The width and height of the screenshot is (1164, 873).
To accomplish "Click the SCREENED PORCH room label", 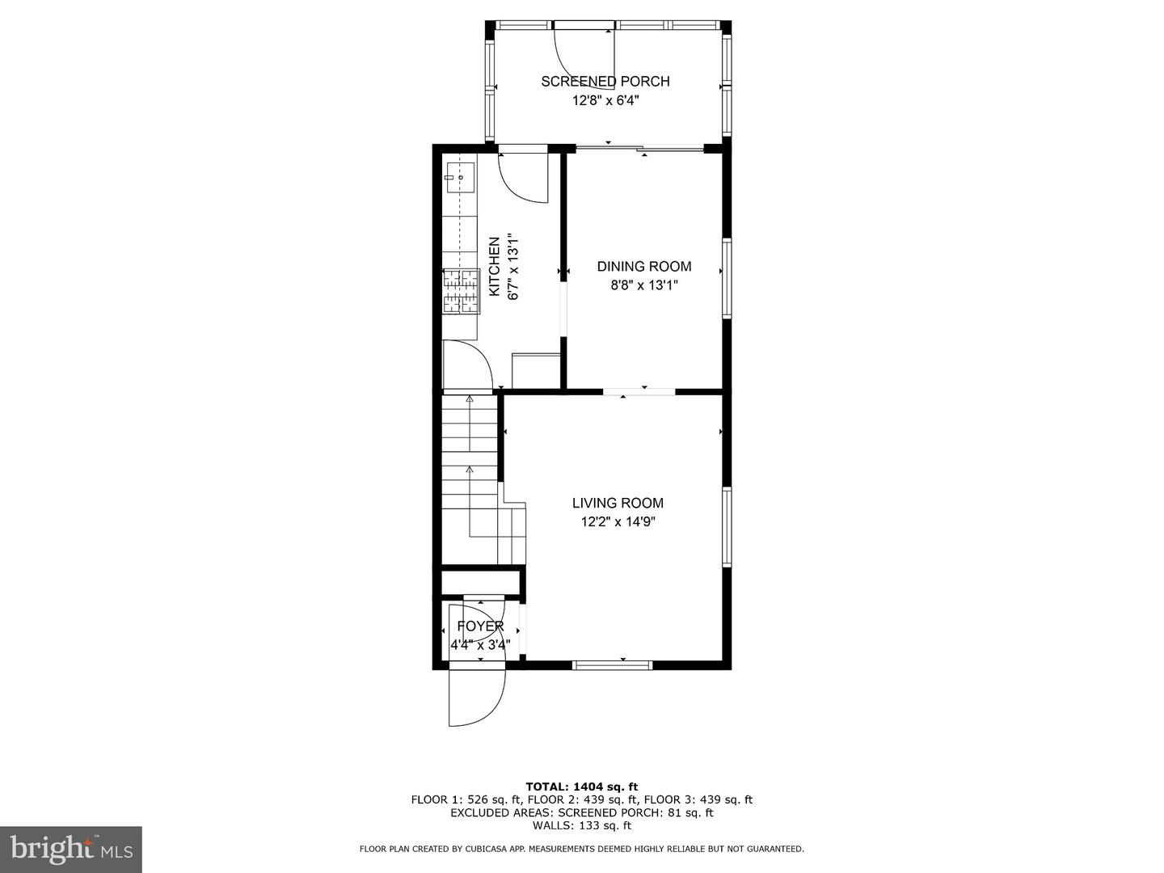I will pos(605,81).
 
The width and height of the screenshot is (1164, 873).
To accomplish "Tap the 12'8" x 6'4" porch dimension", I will pos(605,100).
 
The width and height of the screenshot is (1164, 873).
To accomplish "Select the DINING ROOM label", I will pos(644,266).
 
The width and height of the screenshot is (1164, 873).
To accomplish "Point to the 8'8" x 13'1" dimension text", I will pos(644,285).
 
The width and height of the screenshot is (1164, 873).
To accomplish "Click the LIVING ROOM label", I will pos(618,503).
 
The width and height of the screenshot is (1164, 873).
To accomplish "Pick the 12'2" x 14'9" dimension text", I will pos(618,521).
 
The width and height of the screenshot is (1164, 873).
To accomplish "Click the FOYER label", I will pos(480,626).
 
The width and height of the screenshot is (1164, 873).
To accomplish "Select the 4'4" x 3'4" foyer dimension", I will pos(480,645).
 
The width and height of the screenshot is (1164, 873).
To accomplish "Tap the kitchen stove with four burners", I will pos(461,290).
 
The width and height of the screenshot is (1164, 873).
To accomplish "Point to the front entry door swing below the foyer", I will pos(477,697).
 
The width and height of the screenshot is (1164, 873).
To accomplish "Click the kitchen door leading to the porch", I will pos(523,175).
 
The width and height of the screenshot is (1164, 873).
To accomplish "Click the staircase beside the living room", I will pos(470,477).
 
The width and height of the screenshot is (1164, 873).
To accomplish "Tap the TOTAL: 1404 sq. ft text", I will pos(581,787).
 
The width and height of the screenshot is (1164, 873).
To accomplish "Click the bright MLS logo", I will pos(71,849).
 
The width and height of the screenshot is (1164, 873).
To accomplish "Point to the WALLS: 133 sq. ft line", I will pos(581,825).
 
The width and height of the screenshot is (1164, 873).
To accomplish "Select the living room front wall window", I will pos(612,665).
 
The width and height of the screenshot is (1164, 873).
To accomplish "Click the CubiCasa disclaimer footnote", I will pos(581,849).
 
